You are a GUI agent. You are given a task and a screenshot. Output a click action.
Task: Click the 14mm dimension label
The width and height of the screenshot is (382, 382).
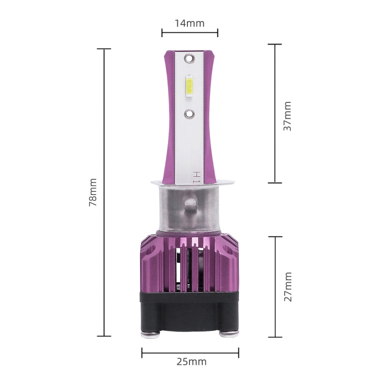pyautogui.click(x=189, y=23)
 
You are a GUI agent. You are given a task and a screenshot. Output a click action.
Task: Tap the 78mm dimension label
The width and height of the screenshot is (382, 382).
pyautogui.click(x=93, y=193)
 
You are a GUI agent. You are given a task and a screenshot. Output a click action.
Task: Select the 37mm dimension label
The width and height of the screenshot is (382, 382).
pyautogui.click(x=287, y=116)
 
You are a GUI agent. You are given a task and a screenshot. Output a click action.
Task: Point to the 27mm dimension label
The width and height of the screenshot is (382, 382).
pyautogui.click(x=288, y=287)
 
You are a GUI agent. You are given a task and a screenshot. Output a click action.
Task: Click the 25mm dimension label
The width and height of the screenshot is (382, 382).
pyautogui.click(x=192, y=362)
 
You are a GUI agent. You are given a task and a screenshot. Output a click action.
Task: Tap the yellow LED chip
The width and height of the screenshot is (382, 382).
pyautogui.click(x=189, y=86)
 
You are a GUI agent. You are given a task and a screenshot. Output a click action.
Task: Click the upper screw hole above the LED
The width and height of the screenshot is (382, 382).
pyautogui.click(x=189, y=58)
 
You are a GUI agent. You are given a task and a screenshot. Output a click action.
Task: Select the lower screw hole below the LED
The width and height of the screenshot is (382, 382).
pyautogui.click(x=189, y=114)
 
